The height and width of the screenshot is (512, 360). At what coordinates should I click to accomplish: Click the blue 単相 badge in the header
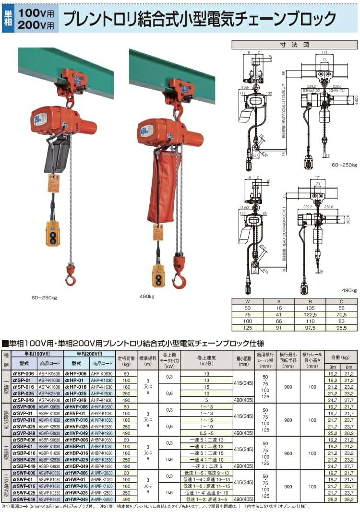click(8, 18)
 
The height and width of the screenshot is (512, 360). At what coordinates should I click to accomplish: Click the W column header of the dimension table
click(249, 301)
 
